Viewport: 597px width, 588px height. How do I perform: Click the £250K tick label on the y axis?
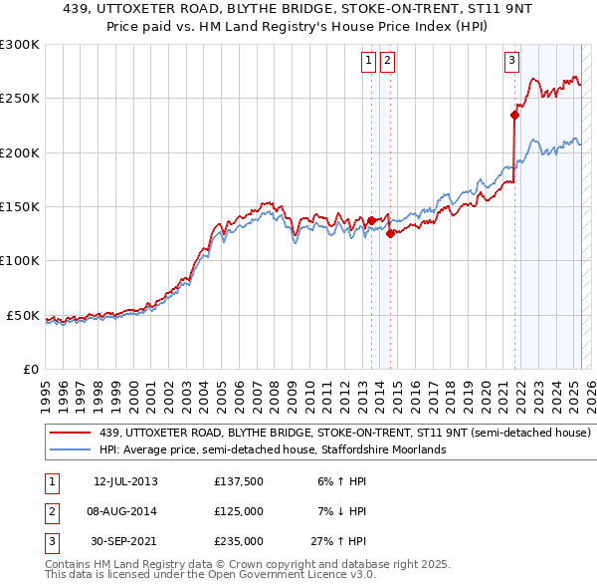[x=20, y=99]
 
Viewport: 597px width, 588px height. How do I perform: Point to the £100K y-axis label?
[x=20, y=261]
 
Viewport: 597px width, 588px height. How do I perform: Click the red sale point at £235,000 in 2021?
[x=514, y=115]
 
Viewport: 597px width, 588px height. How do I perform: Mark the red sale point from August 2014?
[x=390, y=234]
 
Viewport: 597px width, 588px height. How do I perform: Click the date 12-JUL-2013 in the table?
[x=125, y=481]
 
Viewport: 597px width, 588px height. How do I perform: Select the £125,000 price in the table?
[x=238, y=511]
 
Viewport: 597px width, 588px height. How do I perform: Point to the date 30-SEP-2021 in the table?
[x=125, y=541]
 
